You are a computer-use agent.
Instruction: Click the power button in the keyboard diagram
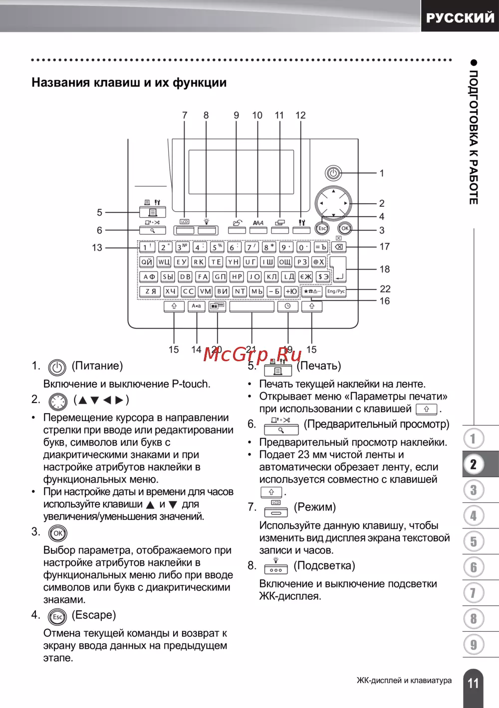pyautogui.click(x=333, y=173)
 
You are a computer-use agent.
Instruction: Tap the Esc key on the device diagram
pyautogui.click(x=322, y=228)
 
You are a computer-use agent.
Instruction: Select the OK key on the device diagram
pyautogui.click(x=345, y=228)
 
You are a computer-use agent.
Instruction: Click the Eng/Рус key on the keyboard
pyautogui.click(x=336, y=291)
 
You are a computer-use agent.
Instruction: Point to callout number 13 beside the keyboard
pyautogui.click(x=97, y=248)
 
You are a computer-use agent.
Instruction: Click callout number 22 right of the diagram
pyautogui.click(x=385, y=289)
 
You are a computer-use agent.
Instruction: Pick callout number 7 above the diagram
pyautogui.click(x=185, y=116)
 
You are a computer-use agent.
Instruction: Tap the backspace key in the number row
pyautogui.click(x=338, y=247)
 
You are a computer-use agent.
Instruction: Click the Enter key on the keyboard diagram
pyautogui.click(x=338, y=270)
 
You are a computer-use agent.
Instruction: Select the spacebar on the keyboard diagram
pyautogui.click(x=251, y=306)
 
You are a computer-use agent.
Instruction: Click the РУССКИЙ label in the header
pyautogui.click(x=460, y=18)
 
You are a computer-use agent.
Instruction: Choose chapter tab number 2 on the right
pyautogui.click(x=474, y=464)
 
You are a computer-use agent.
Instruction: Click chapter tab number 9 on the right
pyautogui.click(x=474, y=645)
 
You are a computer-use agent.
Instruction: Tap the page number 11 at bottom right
pyautogui.click(x=473, y=683)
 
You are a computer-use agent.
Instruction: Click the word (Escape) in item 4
pyautogui.click(x=94, y=615)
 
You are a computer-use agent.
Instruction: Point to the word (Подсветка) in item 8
pyautogui.click(x=324, y=566)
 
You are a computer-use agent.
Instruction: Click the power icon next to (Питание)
pyautogui.click(x=57, y=368)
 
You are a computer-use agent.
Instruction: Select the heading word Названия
pyautogui.click(x=60, y=83)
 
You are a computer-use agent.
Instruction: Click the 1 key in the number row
pyautogui.click(x=147, y=247)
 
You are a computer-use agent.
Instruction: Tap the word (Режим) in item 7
pyautogui.click(x=315, y=507)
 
